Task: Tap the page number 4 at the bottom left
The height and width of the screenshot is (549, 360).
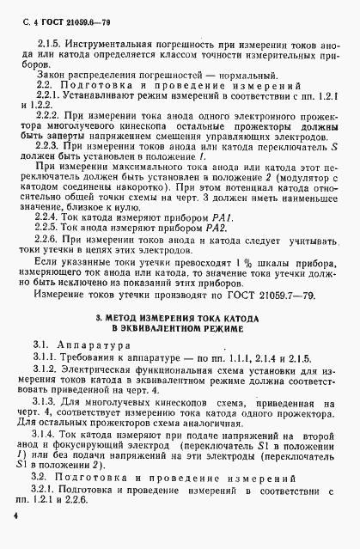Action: tap(15, 515)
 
